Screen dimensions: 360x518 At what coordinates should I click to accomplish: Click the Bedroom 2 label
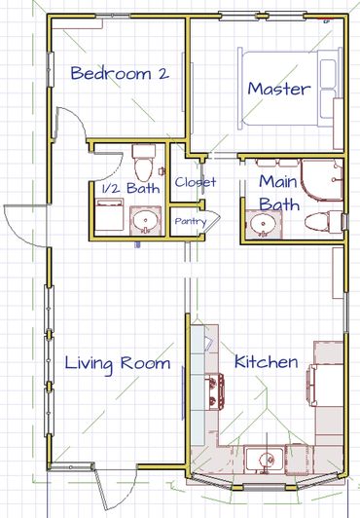point(120,73)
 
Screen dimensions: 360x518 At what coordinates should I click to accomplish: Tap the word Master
point(279,89)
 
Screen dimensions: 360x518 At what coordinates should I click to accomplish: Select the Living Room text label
point(118,364)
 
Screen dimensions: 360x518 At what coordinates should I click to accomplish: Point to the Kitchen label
point(266,362)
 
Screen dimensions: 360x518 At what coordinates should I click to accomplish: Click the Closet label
point(196,182)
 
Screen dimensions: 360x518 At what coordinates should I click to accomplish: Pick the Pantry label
point(191,222)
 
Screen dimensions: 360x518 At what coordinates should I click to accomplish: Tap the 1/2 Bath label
point(131,188)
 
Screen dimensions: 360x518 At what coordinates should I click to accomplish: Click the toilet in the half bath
point(144,161)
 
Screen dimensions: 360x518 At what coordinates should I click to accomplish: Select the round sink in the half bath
point(145,220)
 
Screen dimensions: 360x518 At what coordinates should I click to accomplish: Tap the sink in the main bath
point(263,225)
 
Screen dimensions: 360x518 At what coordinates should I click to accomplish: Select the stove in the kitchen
point(215,391)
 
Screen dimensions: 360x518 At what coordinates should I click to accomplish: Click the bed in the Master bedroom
point(290,89)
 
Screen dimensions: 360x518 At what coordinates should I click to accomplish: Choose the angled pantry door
point(211,222)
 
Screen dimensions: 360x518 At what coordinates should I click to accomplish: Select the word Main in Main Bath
point(278,182)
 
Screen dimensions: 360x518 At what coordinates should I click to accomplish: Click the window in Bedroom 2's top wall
point(113,16)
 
